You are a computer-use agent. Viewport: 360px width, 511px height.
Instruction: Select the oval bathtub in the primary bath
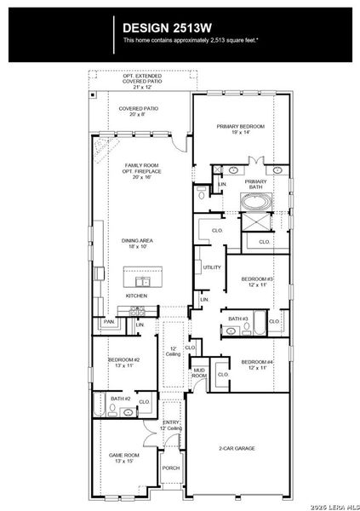[x=255, y=203]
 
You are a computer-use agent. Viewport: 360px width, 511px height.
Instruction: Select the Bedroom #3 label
[x=256, y=279]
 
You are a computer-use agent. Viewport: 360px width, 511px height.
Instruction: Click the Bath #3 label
[x=237, y=319]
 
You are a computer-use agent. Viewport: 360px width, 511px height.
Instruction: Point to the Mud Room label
[x=198, y=373]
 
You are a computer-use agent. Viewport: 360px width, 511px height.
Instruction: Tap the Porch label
[x=171, y=467]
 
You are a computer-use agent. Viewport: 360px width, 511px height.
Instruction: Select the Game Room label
[x=123, y=456]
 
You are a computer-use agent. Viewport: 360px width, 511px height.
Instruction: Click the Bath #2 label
[x=120, y=399]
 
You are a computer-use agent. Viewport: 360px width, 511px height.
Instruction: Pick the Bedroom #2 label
[x=123, y=360]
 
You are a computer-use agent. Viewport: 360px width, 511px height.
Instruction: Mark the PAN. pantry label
[x=109, y=322]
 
